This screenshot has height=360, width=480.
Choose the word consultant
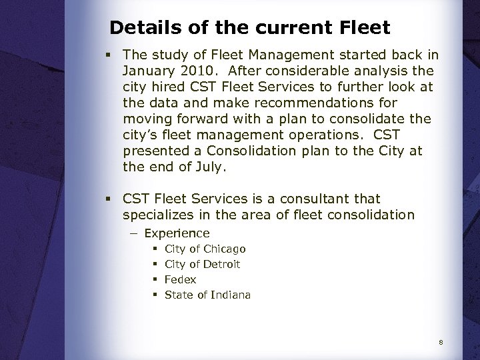coord(343,199)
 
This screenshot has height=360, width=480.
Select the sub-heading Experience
coord(177,233)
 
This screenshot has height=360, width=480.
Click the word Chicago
coord(225,249)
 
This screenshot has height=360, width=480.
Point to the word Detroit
coord(222,265)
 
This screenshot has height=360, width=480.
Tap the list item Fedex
coord(181,280)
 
